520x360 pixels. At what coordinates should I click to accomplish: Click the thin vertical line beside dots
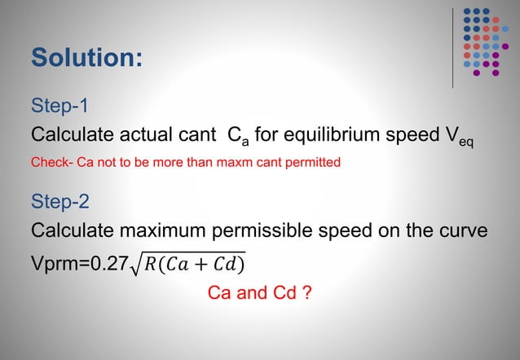452,46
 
